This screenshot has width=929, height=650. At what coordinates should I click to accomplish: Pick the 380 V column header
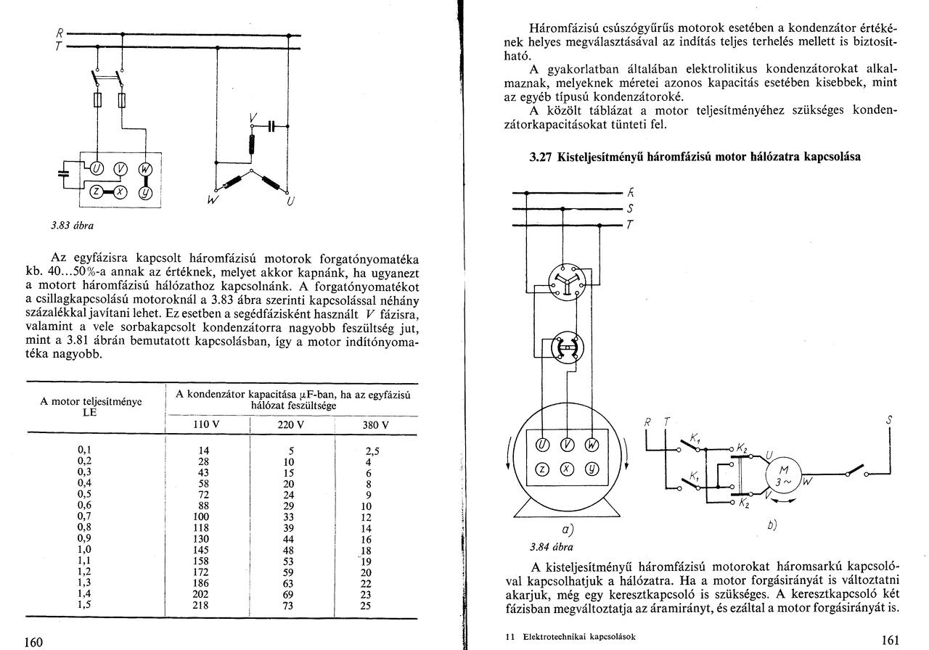[375, 425]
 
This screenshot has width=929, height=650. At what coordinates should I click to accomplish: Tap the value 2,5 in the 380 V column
[372, 450]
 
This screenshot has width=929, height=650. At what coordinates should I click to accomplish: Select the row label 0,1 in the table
[85, 450]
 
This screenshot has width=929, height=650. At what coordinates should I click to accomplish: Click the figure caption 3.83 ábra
[72, 225]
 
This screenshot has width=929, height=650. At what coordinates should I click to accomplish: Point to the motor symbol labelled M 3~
[782, 475]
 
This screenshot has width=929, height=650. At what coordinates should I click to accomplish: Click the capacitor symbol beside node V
[272, 126]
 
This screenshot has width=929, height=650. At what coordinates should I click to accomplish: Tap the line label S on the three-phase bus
[630, 209]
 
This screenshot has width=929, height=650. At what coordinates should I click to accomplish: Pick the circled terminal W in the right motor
[592, 444]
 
